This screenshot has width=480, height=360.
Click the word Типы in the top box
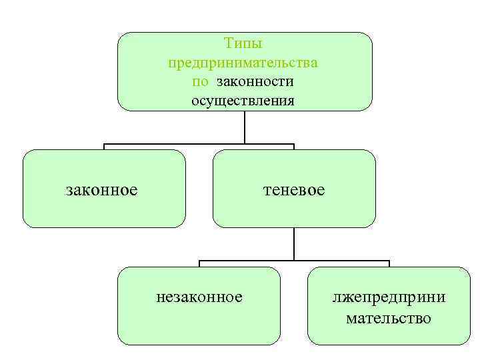coord(243,43)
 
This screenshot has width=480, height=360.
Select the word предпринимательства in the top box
coord(243,63)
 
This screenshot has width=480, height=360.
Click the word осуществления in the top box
coord(243,101)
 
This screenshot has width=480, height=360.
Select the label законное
coord(102,190)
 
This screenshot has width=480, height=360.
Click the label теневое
coord(293,190)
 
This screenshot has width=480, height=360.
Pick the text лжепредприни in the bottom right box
coord(389,297)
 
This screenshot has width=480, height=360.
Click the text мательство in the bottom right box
coord(389,318)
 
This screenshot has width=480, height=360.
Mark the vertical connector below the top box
coord(245,127)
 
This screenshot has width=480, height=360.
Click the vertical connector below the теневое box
coord(294,243)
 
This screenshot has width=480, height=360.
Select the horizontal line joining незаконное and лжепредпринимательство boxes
coord(294,261)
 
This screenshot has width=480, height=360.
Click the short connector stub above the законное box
coord(103,147)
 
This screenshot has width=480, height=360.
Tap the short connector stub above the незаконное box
coord(199,264)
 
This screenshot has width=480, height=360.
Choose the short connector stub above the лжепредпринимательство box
coord(389,264)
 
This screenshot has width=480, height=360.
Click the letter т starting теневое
coord(267,191)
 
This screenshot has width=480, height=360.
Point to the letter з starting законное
coord(69,191)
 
